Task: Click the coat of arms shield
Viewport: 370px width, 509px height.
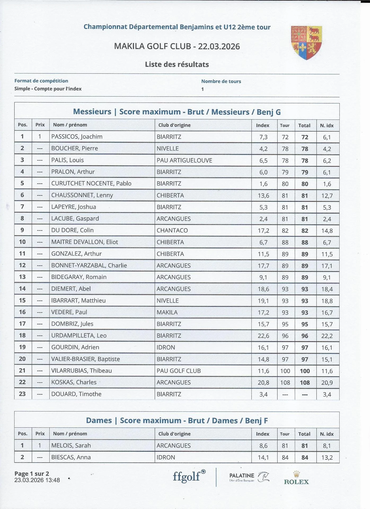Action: coord(306,42)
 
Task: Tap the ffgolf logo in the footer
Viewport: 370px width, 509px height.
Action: coord(189,476)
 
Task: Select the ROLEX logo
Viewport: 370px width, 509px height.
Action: coord(296,478)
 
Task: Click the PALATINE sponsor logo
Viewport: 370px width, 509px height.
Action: coord(249,477)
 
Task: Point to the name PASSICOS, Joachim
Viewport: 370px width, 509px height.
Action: coord(77,137)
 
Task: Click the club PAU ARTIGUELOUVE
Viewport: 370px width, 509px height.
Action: coord(184,160)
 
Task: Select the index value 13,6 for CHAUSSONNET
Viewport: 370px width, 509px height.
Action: coord(263,196)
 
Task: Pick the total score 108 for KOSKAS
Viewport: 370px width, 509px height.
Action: coord(305,383)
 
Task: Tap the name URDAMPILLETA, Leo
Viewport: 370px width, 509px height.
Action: coord(79,336)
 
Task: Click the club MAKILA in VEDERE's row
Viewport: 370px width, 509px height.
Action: coord(167,312)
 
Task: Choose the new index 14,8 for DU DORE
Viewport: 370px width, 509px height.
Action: coord(327,231)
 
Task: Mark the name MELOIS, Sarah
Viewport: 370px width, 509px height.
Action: coord(71,445)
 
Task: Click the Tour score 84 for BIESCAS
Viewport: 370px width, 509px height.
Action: coord(285,457)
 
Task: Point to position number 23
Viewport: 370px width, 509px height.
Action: coord(22,394)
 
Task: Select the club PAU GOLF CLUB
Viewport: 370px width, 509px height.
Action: coord(179,371)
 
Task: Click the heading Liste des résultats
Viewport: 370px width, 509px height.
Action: coord(177,64)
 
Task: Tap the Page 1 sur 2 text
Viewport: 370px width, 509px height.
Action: coord(32,473)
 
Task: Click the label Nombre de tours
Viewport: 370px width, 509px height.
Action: coord(221,81)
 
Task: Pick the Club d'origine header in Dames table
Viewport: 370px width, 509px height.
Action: coord(174,434)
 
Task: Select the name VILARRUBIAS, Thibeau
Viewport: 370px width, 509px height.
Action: coord(81,371)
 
